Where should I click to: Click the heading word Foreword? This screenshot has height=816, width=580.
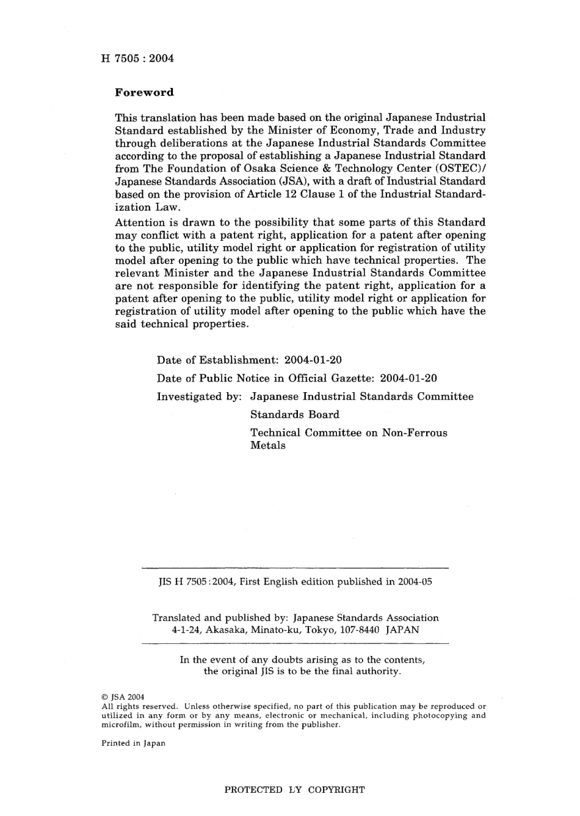(144, 93)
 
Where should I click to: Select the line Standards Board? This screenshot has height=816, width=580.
(294, 415)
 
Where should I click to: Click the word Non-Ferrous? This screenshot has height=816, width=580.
(415, 433)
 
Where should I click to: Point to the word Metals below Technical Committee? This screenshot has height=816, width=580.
(267, 445)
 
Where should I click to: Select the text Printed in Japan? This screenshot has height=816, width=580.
(133, 743)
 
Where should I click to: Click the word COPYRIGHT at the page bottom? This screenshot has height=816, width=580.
(336, 790)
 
